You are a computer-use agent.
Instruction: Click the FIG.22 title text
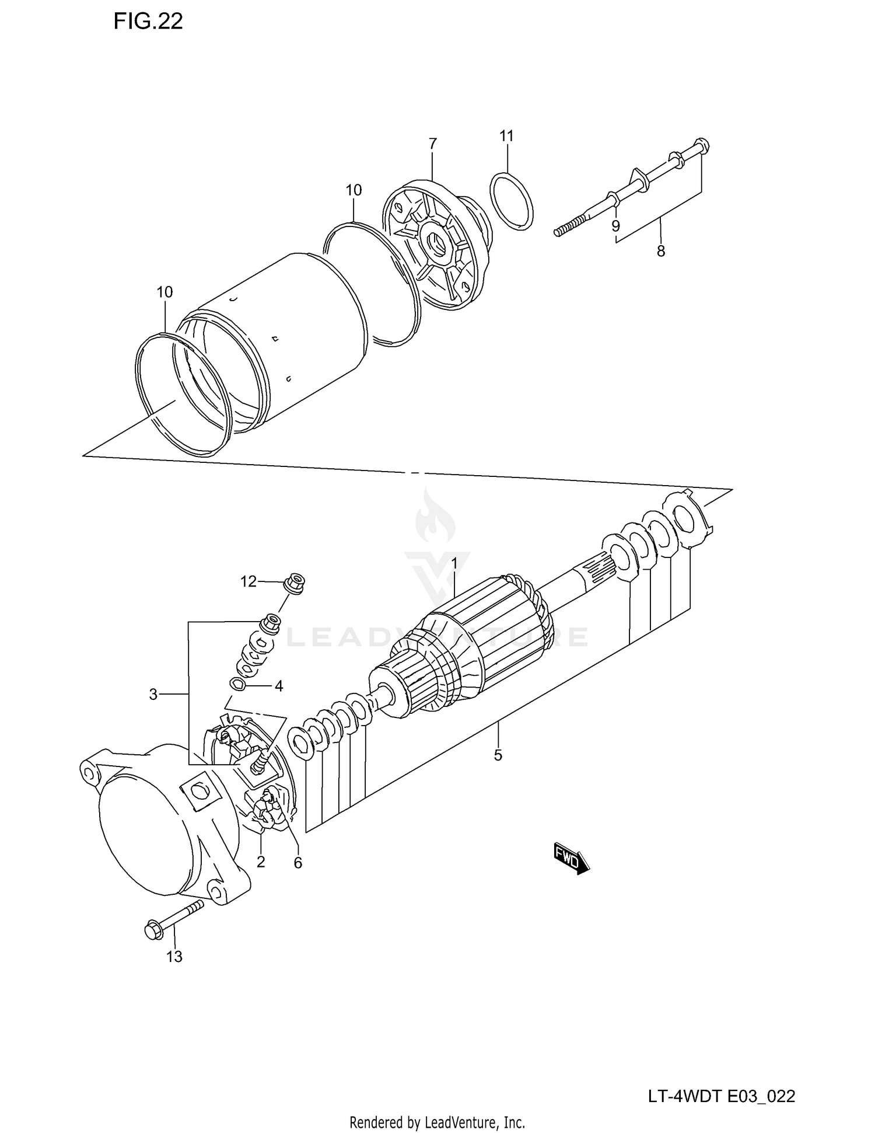pyautogui.click(x=148, y=22)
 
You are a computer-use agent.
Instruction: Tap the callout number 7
pyautogui.click(x=432, y=144)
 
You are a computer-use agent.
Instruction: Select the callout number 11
pyautogui.click(x=506, y=136)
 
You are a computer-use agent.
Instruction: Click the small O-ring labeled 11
pyautogui.click(x=512, y=201)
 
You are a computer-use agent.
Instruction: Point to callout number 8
pyautogui.click(x=660, y=251)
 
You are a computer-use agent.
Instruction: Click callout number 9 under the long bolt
pyautogui.click(x=616, y=226)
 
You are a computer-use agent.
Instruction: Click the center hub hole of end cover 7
pyautogui.click(x=436, y=240)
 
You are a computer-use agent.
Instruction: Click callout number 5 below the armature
pyautogui.click(x=498, y=755)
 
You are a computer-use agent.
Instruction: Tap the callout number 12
pyautogui.click(x=249, y=581)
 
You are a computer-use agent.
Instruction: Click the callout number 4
pyautogui.click(x=279, y=686)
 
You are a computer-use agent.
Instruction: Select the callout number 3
pyautogui.click(x=153, y=694)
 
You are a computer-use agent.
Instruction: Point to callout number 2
pyautogui.click(x=261, y=862)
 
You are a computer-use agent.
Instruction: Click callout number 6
pyautogui.click(x=298, y=863)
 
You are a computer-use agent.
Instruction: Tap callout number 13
pyautogui.click(x=174, y=957)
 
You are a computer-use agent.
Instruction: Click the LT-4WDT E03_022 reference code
pyautogui.click(x=721, y=1096)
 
